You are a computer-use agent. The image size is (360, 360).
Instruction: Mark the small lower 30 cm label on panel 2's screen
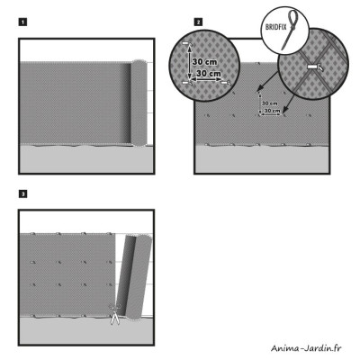269,112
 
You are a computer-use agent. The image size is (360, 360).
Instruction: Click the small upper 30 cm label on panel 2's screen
269,103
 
